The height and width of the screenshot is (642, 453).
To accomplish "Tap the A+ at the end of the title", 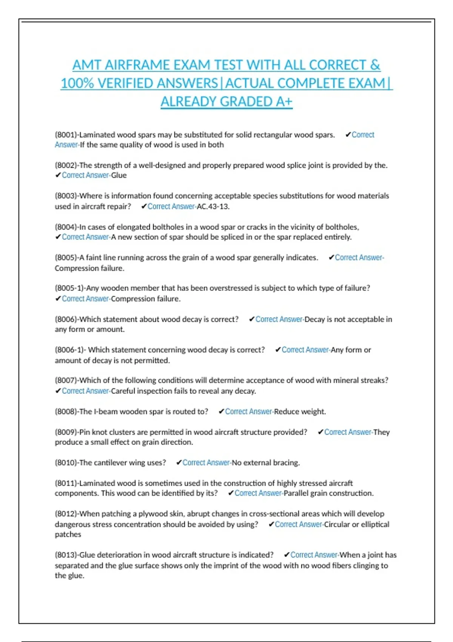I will (x=283, y=102).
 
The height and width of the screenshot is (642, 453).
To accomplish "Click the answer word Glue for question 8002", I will (x=119, y=175).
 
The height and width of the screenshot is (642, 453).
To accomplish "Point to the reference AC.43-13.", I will (x=213, y=207).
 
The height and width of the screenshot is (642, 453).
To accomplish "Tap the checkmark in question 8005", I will (x=331, y=258).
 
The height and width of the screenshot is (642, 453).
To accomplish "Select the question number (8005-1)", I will (x=69, y=288).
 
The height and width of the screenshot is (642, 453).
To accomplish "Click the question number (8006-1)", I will (x=69, y=350).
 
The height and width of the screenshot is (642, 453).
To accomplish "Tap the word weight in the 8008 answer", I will (x=314, y=412).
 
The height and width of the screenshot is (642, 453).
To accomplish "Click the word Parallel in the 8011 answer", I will (x=297, y=493).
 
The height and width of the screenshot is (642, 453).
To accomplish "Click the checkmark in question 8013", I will (x=287, y=555).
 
